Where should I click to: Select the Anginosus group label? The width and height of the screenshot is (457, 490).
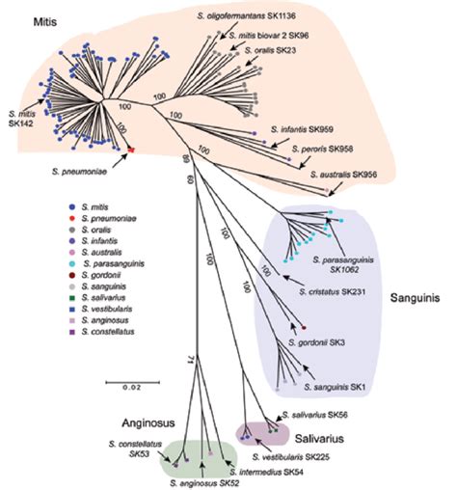tap(147, 421)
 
